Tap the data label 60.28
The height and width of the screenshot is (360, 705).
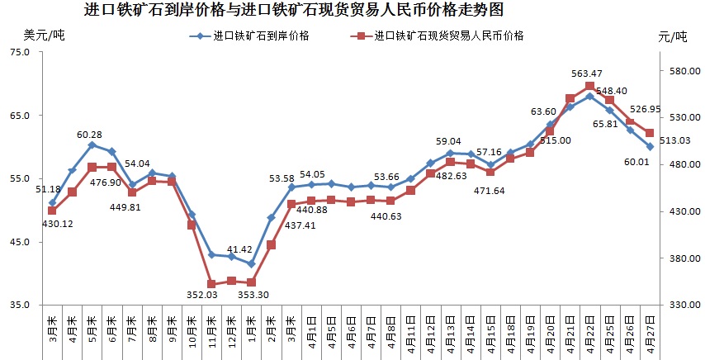tap(90, 134)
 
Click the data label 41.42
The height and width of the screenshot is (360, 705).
tap(239, 249)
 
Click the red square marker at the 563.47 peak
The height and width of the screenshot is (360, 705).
tap(589, 87)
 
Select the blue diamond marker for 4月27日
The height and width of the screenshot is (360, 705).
tap(650, 146)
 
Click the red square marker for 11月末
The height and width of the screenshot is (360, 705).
tap(211, 284)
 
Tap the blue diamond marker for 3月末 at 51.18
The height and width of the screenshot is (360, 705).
tap(52, 202)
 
